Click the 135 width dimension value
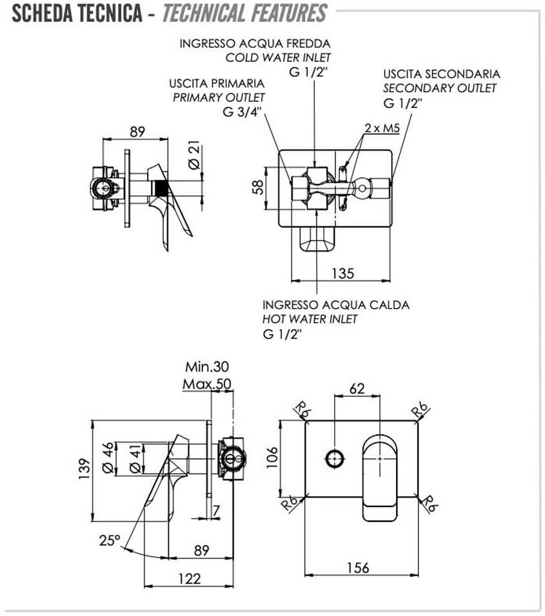click(342, 273)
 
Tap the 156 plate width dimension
click(358, 567)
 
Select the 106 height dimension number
click(272, 457)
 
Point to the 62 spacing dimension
click(357, 388)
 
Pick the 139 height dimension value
click(84, 469)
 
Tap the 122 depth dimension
click(190, 579)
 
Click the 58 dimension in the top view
click(257, 188)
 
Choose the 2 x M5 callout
click(382, 128)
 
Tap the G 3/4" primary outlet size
click(242, 112)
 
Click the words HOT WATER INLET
click(310, 319)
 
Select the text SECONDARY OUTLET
click(440, 88)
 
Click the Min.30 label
click(207, 366)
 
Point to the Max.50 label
click(207, 384)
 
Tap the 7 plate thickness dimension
click(216, 510)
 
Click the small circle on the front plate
click(334, 459)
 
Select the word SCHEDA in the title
click(43, 13)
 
